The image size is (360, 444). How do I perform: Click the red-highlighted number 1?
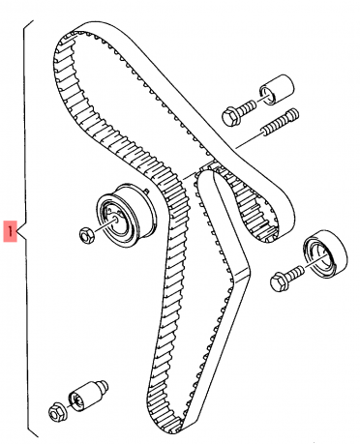[10, 231]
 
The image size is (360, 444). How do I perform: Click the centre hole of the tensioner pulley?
[115, 219]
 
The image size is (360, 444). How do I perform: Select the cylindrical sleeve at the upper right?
[276, 90]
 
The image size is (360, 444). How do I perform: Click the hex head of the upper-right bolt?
[231, 116]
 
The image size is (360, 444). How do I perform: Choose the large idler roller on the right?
[325, 253]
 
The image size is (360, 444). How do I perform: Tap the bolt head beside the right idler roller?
[279, 281]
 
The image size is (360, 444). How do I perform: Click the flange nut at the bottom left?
[58, 410]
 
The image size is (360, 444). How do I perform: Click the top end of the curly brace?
[33, 21]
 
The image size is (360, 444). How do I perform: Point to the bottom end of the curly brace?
[38, 436]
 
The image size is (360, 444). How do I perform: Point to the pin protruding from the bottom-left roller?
[104, 386]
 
